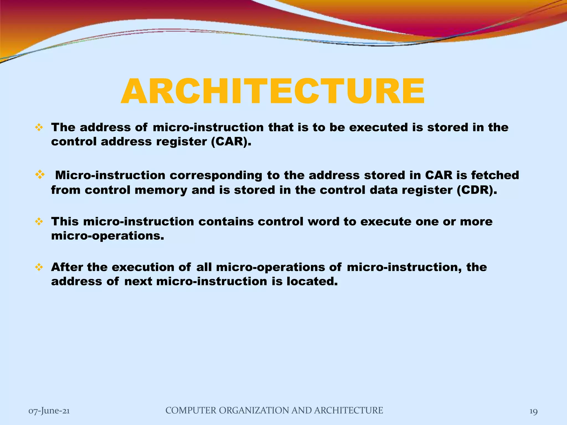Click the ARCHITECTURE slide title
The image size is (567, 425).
(273, 91)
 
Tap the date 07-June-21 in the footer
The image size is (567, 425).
(49, 411)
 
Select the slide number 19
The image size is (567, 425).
(533, 411)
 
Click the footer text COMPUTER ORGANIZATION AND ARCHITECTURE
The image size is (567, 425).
(274, 410)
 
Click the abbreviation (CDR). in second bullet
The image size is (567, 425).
(477, 190)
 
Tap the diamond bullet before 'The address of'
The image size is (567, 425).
(39, 128)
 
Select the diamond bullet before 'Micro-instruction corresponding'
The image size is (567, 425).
(40, 174)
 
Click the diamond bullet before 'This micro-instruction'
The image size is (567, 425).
(39, 222)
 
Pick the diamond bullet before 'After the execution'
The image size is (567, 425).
(39, 267)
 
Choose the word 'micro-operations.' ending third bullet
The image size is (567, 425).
(107, 236)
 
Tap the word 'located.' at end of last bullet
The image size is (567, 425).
(312, 281)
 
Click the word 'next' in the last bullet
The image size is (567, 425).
(138, 282)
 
